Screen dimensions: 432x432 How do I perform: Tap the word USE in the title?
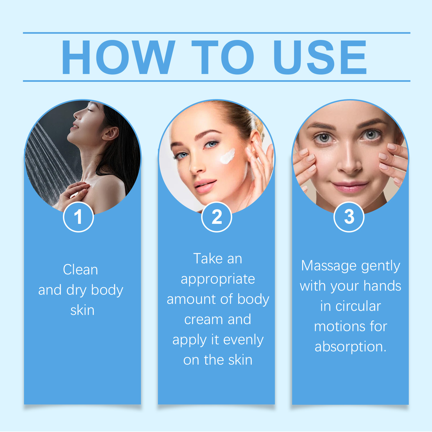(x=320, y=57)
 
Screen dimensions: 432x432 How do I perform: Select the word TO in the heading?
(x=223, y=57)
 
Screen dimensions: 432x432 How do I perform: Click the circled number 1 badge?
(x=78, y=217)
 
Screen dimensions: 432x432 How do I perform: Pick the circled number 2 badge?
(x=217, y=217)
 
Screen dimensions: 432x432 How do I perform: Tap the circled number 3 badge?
(x=349, y=217)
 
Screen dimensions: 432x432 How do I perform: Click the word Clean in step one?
(x=80, y=270)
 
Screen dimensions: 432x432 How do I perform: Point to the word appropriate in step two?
(x=218, y=279)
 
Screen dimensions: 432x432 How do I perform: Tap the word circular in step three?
(x=358, y=306)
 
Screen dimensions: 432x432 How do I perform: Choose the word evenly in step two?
(x=243, y=340)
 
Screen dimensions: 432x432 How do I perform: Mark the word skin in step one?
(x=82, y=310)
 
